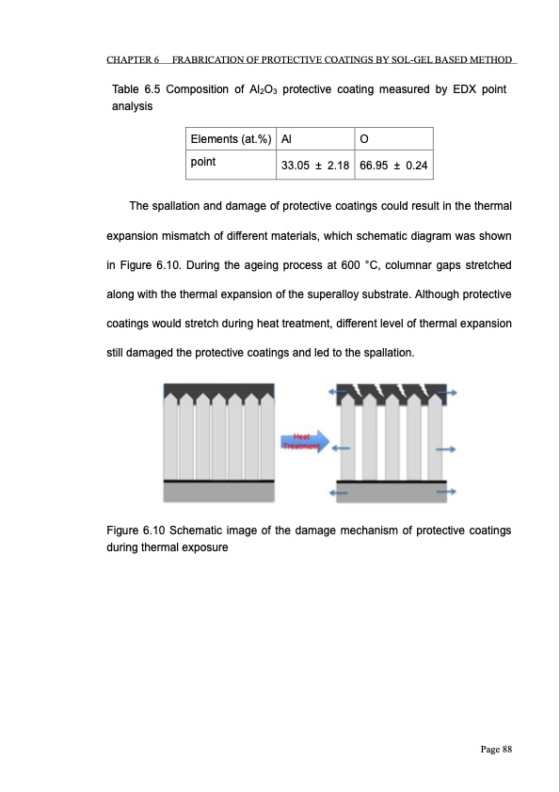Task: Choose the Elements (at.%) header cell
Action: point(231,139)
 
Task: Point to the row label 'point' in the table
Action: point(203,162)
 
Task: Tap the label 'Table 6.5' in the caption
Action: point(136,89)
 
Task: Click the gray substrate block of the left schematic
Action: point(219,493)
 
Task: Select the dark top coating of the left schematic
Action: point(219,389)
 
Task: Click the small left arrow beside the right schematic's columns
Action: point(341,449)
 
